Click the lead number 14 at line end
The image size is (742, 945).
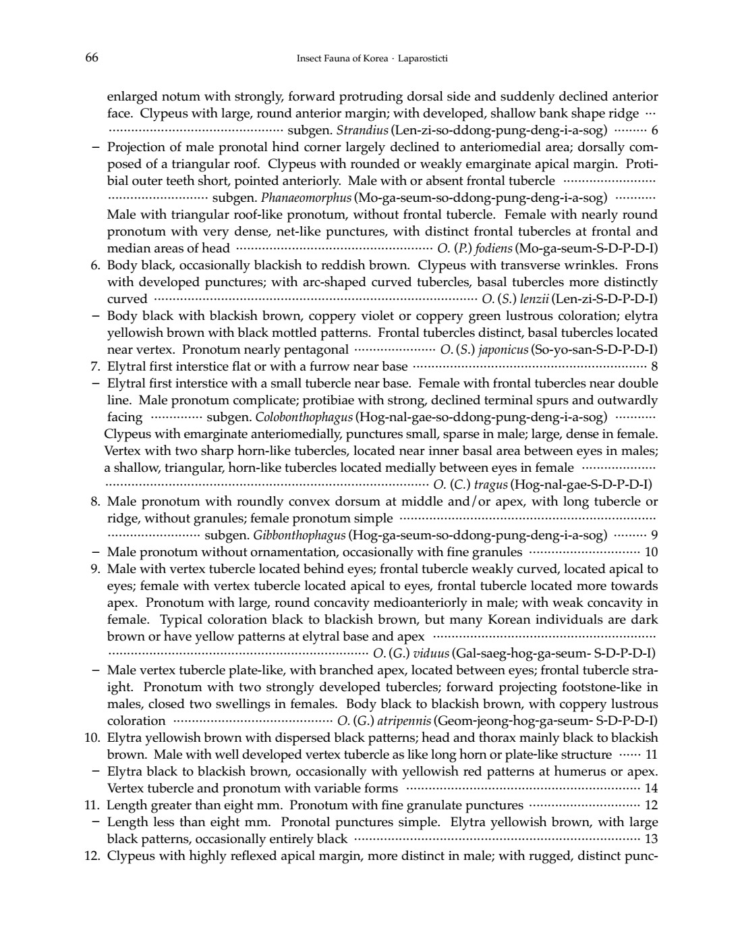[651, 788]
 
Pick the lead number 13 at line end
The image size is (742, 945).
[651, 839]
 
